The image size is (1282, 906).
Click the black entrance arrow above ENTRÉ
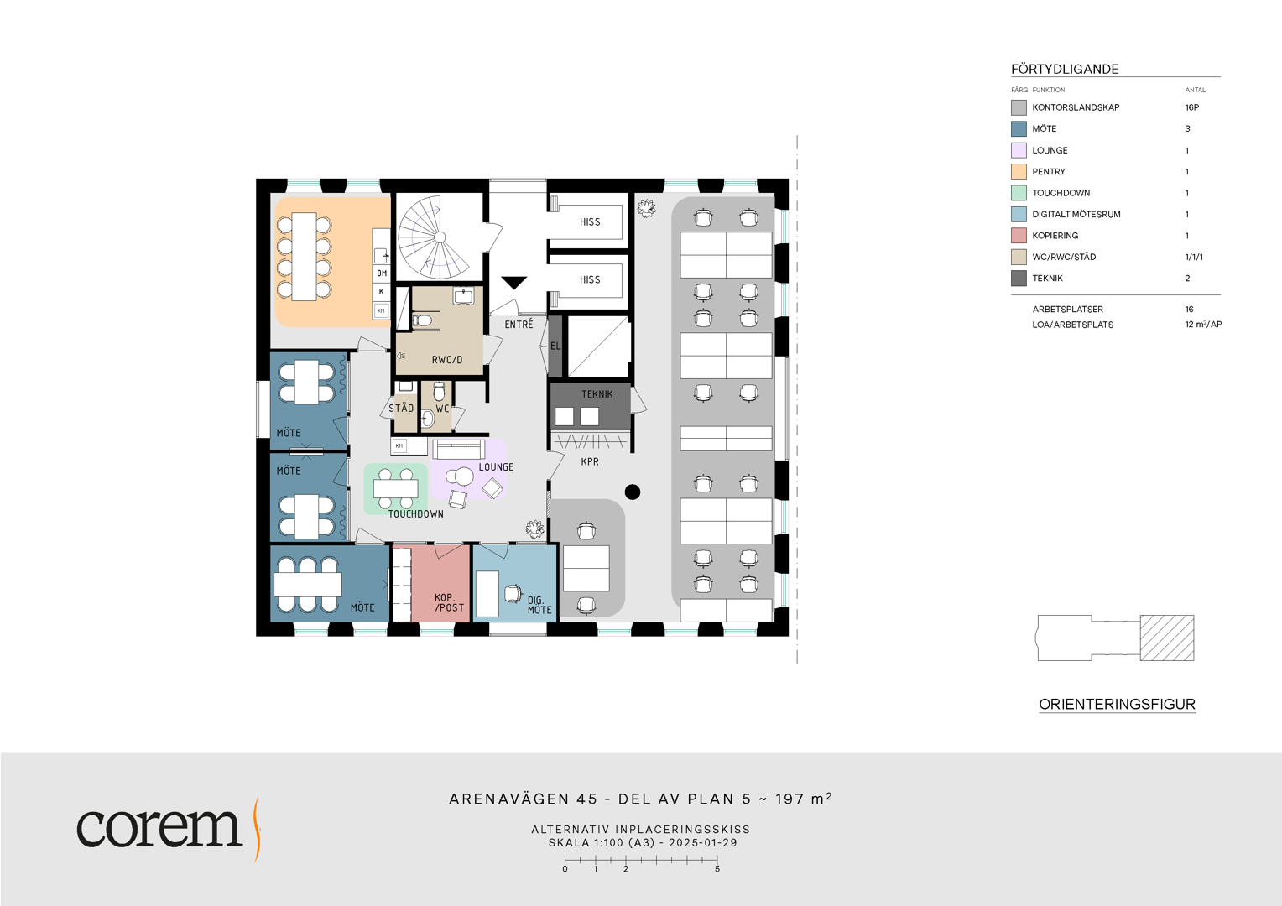tap(513, 282)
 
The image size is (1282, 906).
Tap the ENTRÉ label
tap(519, 325)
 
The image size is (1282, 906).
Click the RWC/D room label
tap(447, 360)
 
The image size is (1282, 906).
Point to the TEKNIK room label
tap(597, 394)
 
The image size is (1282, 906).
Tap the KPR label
tap(590, 461)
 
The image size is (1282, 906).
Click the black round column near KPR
tap(633, 492)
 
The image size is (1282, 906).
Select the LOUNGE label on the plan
tap(496, 467)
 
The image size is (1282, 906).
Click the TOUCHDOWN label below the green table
tap(416, 514)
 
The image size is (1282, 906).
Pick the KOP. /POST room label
tap(449, 602)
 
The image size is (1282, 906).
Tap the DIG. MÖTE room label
tap(539, 605)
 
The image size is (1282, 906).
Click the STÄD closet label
tap(401, 408)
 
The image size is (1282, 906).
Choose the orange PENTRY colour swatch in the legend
tap(1019, 172)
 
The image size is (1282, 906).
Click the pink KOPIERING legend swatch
tap(1019, 236)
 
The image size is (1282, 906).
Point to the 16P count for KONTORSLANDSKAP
tap(1192, 107)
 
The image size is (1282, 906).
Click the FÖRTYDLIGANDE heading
tap(1065, 70)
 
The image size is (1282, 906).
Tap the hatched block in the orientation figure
tap(1167, 638)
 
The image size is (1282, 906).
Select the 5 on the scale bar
tap(717, 869)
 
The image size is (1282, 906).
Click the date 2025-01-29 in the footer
tap(703, 842)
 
